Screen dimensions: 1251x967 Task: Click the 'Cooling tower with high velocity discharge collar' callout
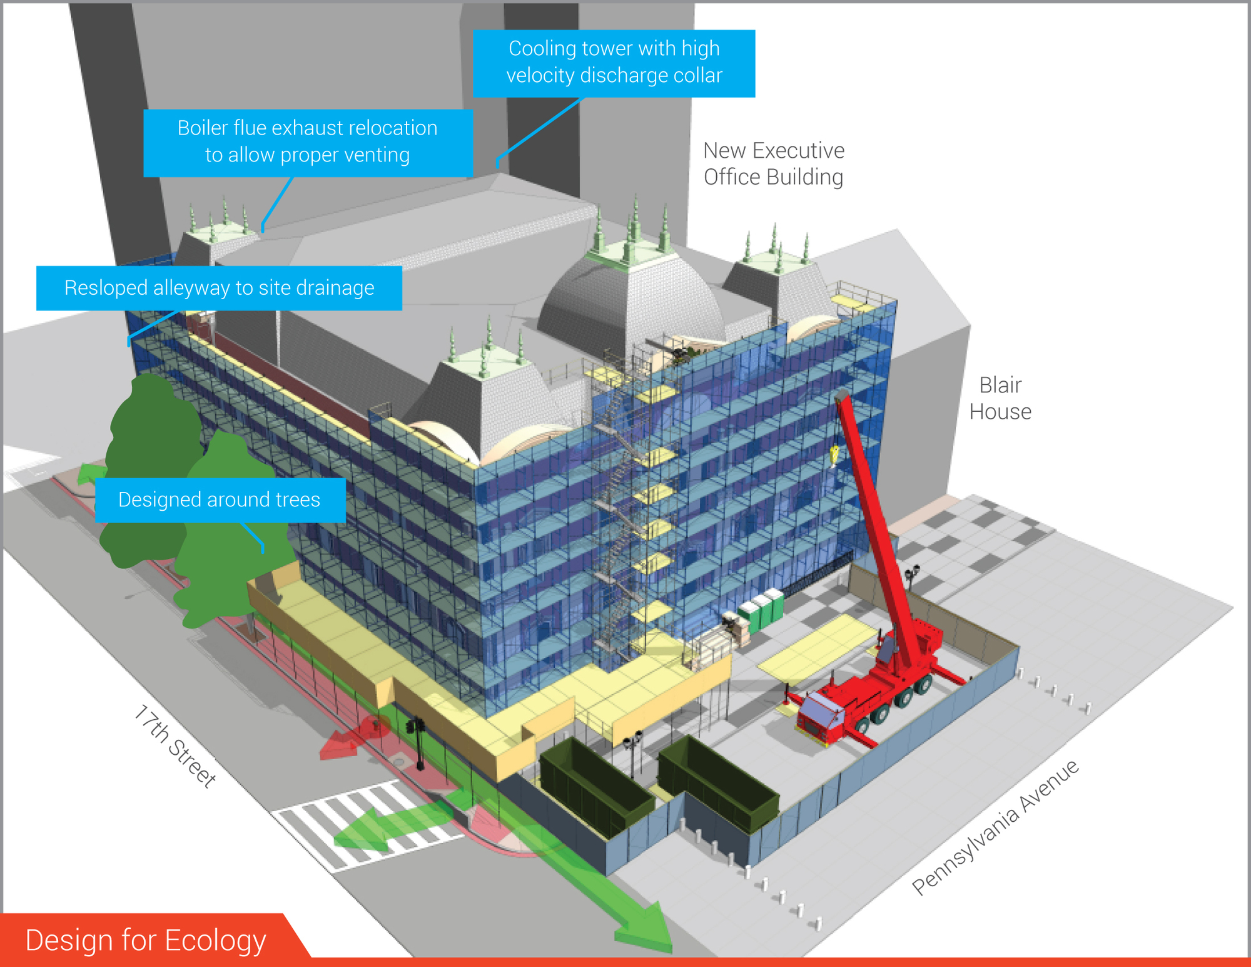tap(614, 63)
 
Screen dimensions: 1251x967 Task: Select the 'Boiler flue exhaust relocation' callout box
tap(308, 143)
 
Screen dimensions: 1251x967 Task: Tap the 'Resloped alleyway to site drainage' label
tap(219, 288)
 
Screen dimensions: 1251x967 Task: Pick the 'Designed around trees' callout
tap(220, 500)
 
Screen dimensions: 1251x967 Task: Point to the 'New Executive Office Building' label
tap(774, 164)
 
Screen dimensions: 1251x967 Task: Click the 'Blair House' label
tap(1000, 399)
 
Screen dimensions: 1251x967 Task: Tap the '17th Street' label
tap(175, 745)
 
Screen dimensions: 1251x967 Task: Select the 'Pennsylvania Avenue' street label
tap(995, 827)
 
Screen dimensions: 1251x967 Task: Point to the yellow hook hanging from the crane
tap(834, 456)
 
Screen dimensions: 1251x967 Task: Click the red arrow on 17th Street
tap(353, 739)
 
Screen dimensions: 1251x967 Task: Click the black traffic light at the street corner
tap(417, 742)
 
